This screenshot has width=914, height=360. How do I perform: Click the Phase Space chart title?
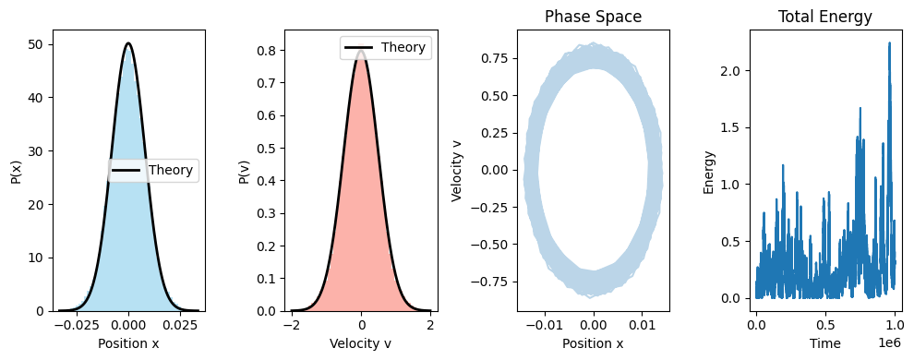click(x=593, y=17)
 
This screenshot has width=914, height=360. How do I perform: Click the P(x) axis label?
click(x=17, y=170)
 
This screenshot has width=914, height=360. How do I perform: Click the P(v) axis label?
click(x=245, y=170)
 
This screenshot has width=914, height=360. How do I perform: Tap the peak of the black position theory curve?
click(x=128, y=43)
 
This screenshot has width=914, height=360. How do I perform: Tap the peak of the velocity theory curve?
click(x=361, y=51)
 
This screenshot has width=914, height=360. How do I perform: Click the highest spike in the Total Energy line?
click(x=889, y=42)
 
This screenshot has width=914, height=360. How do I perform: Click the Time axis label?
click(x=824, y=343)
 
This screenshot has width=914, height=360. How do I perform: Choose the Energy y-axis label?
click(x=709, y=170)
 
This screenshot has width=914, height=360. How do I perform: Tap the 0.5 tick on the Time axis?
click(x=825, y=326)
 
